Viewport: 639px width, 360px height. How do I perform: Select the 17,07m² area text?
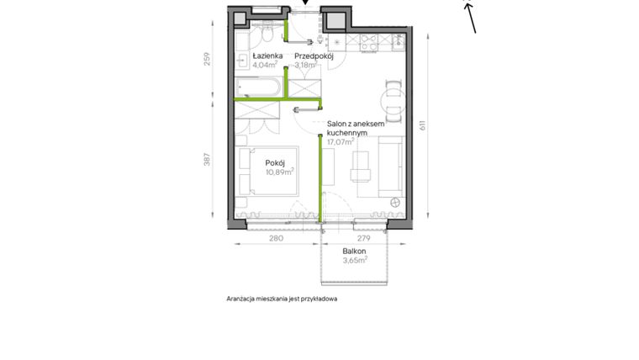coord(341,142)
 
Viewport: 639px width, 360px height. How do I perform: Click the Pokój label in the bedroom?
coord(276,162)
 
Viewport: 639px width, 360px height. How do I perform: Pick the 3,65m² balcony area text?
coord(355,261)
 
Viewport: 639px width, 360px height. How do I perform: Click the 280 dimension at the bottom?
coord(276,239)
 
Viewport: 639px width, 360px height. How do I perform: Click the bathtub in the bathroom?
coord(260,86)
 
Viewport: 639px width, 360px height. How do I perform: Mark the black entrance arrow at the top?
coord(305,3)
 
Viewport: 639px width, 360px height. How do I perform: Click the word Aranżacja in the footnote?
coord(243,299)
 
